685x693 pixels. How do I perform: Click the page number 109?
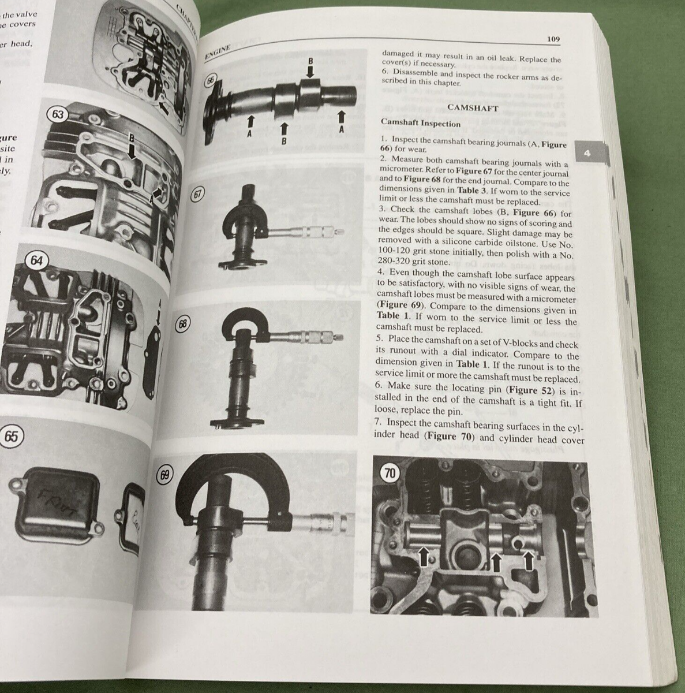click(x=553, y=39)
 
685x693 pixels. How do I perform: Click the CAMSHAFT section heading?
click(x=473, y=107)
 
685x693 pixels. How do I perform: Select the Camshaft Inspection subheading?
click(x=420, y=123)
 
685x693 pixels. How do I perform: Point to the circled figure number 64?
click(x=36, y=260)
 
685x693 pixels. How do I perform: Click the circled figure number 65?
click(x=11, y=436)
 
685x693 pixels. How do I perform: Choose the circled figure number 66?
click(x=211, y=81)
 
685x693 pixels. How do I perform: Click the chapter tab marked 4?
click(x=586, y=154)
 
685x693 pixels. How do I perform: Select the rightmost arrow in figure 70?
click(x=528, y=560)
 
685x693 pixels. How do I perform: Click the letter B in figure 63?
click(x=132, y=138)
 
